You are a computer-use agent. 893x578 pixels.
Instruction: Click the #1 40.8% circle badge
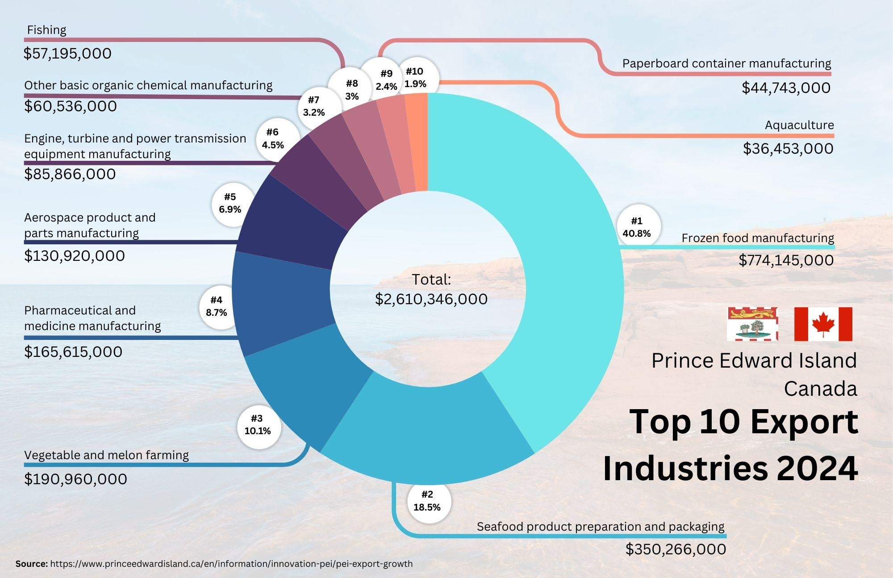click(x=636, y=227)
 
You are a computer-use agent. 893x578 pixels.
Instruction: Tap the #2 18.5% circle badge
click(x=427, y=500)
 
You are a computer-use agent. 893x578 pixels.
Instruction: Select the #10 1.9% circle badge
click(x=415, y=77)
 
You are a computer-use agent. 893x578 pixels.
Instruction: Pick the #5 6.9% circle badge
click(x=230, y=203)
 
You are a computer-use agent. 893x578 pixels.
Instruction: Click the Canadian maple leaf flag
click(x=823, y=324)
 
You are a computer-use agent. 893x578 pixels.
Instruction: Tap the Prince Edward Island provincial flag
click(x=752, y=324)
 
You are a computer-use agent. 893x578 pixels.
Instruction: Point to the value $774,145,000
click(x=786, y=260)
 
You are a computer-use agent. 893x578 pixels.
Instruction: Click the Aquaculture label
click(x=799, y=125)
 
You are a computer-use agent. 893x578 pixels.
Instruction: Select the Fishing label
click(x=46, y=30)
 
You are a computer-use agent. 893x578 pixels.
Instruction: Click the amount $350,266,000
click(x=676, y=549)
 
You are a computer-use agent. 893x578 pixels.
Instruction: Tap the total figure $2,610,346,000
click(x=431, y=299)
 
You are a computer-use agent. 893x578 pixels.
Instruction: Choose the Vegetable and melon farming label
click(x=106, y=455)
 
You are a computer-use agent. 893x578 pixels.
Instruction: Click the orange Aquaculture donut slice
click(x=417, y=143)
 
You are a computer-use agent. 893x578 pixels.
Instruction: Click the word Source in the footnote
click(x=31, y=564)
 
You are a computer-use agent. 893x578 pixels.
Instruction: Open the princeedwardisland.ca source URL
click(x=231, y=564)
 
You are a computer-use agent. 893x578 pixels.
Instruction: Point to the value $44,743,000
click(x=786, y=88)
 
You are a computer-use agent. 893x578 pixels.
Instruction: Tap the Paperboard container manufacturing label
click(x=726, y=63)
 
